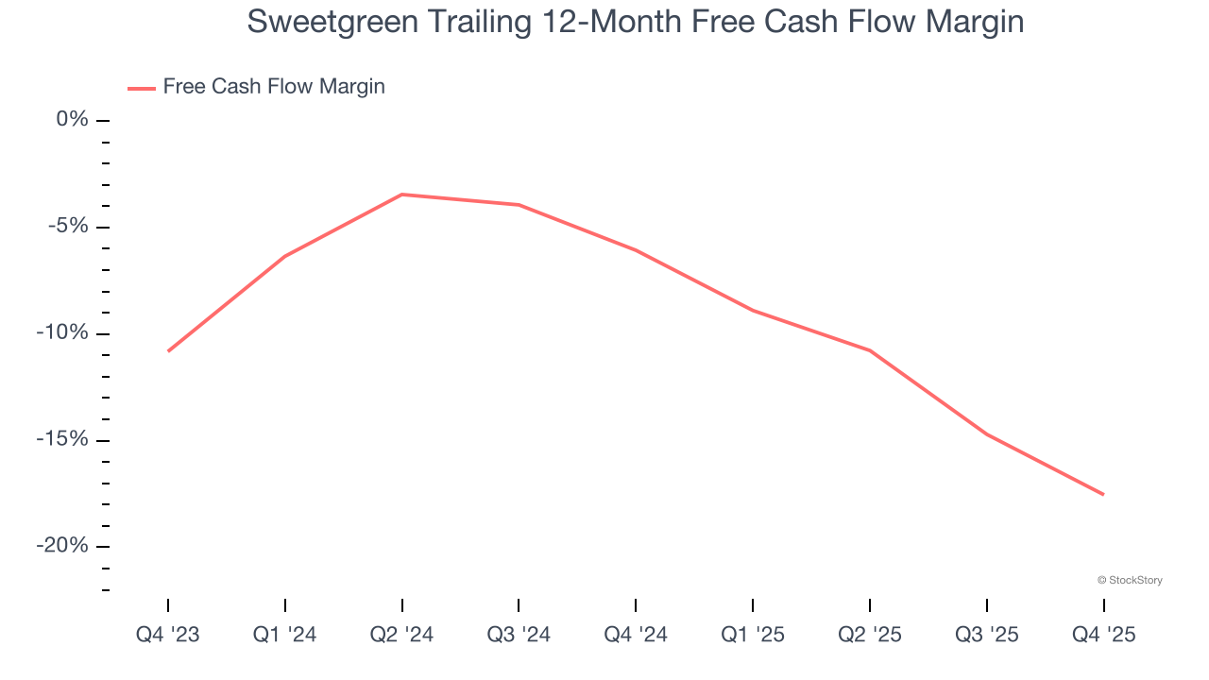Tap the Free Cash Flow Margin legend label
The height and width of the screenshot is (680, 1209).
click(274, 87)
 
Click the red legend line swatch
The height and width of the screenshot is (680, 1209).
click(142, 88)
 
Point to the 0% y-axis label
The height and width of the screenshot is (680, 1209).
click(72, 119)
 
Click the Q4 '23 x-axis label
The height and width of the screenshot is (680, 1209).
click(168, 636)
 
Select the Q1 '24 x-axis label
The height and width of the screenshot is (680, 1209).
click(284, 636)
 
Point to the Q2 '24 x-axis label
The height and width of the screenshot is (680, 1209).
click(401, 636)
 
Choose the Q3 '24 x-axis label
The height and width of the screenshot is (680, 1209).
click(519, 636)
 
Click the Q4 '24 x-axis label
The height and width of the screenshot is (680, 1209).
click(636, 636)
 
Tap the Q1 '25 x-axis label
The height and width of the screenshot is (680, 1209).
click(753, 636)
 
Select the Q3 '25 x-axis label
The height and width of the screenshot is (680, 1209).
click(986, 636)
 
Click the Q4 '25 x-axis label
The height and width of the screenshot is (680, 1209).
click(1103, 636)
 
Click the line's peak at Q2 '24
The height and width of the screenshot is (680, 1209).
click(401, 195)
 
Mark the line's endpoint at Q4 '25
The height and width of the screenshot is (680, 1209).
click(1103, 494)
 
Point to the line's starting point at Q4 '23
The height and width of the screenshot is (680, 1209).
click(168, 350)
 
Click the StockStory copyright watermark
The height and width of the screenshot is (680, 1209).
click(1130, 580)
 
